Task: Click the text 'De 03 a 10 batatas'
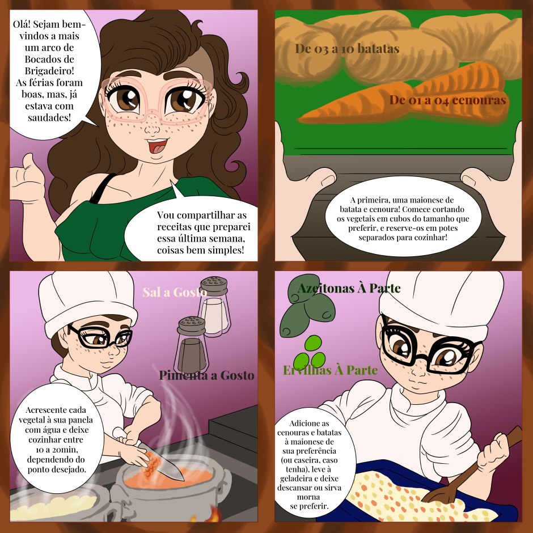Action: [347, 49]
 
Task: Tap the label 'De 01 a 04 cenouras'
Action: [448, 100]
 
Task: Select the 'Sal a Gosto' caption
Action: [175, 293]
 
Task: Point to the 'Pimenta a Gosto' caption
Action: [206, 375]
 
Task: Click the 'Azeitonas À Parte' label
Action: [349, 289]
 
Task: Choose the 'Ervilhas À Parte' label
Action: [330, 370]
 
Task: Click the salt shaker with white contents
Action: [215, 306]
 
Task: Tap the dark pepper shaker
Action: [192, 345]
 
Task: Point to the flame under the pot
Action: [213, 514]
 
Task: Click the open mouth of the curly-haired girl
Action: [156, 146]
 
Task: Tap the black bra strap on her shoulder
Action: [102, 188]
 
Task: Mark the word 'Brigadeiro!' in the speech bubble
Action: [49, 71]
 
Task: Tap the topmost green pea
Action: [313, 343]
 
